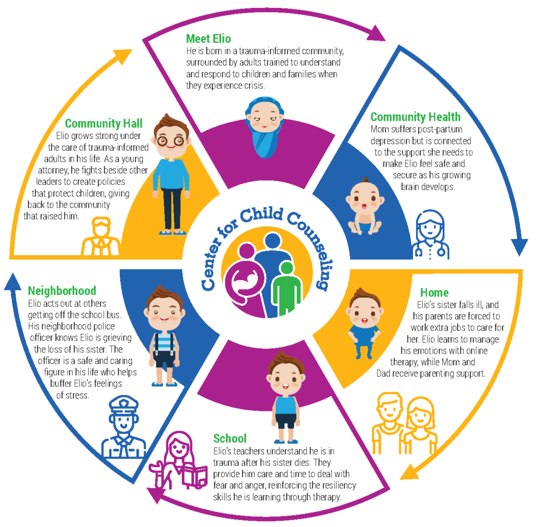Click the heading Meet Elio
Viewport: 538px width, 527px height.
(208, 38)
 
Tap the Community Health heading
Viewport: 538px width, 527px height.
(415, 117)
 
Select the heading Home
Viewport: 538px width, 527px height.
(434, 292)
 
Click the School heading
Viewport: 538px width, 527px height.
(230, 438)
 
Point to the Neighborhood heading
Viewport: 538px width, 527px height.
(62, 291)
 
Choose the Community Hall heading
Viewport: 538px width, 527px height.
(104, 123)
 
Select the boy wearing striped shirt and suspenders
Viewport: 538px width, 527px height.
(164, 335)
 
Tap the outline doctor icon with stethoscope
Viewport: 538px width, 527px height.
(430, 235)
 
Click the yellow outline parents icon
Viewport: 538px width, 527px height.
(405, 423)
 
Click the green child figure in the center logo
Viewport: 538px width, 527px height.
(286, 288)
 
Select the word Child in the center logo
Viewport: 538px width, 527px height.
(261, 214)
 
